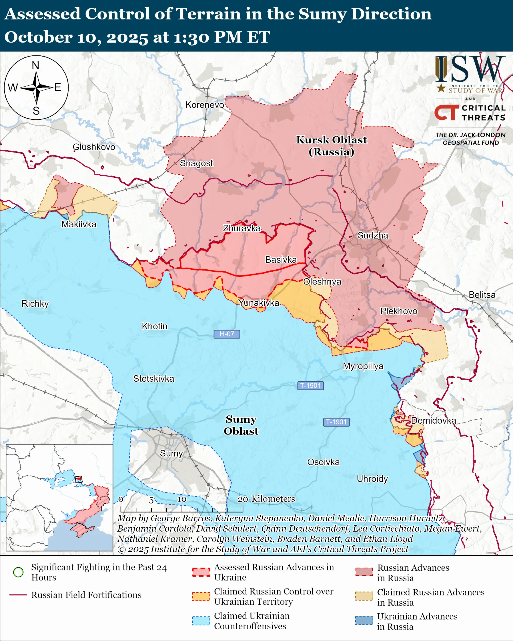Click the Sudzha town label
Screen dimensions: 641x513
pos(373,235)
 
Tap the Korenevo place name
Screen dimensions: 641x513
pos(205,105)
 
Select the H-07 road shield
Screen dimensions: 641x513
pos(227,334)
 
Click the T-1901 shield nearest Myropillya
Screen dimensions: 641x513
pos(310,386)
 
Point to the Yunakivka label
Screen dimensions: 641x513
pos(259,303)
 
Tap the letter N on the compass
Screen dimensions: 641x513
pos(35,65)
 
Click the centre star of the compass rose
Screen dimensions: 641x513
pos(36,88)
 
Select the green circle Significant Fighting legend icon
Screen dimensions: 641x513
pos(19,572)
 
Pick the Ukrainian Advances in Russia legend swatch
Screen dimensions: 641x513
pos(364,620)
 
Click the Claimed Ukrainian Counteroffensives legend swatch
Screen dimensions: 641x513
pos(201,621)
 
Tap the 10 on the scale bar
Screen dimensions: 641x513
pos(182,499)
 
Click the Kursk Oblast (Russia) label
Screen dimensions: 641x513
pos(331,146)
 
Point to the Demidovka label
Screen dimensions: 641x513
pos(433,420)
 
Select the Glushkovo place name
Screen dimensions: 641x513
pos(94,147)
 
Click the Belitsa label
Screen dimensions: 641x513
pos(482,295)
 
